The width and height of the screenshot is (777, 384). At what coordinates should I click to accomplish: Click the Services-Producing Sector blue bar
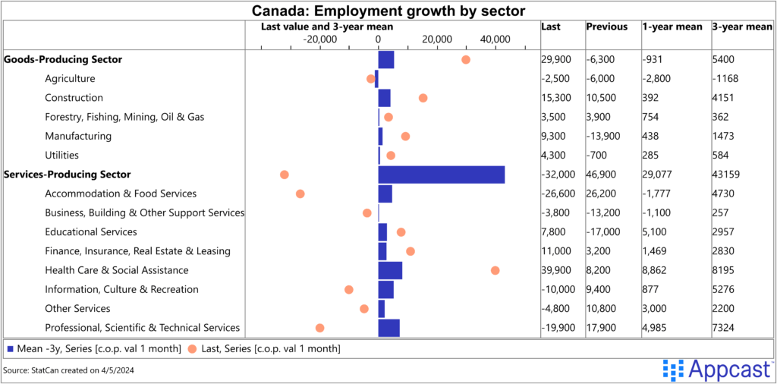coord(441,175)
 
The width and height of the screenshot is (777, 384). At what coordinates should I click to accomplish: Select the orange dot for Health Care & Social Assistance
coord(495,270)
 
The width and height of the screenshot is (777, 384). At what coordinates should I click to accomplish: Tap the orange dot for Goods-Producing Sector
coord(465,59)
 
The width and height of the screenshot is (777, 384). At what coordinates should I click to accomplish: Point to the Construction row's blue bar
coord(384,98)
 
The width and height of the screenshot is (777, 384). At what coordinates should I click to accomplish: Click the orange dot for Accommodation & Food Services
coord(300,194)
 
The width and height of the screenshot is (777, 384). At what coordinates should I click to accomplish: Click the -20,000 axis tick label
coord(319,39)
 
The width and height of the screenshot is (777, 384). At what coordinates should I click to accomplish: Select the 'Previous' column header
coord(607,27)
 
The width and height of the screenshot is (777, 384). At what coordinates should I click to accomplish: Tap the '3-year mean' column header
coord(742,27)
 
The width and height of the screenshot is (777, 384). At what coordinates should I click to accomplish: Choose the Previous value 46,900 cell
coord(602,175)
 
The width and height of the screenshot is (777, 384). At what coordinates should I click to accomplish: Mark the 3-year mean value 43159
coord(729,175)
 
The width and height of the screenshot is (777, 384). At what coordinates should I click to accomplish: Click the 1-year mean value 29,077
coord(659,175)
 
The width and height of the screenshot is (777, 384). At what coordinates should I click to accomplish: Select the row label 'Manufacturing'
coord(78,136)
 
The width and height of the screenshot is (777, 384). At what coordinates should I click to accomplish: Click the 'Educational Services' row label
coord(91,231)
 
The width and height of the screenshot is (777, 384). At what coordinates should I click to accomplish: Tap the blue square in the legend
coord(10,348)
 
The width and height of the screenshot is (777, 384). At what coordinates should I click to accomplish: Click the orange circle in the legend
coord(192,348)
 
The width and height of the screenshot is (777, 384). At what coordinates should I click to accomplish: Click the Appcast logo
coord(716,370)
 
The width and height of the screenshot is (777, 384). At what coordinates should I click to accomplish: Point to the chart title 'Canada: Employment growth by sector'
coord(388,10)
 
